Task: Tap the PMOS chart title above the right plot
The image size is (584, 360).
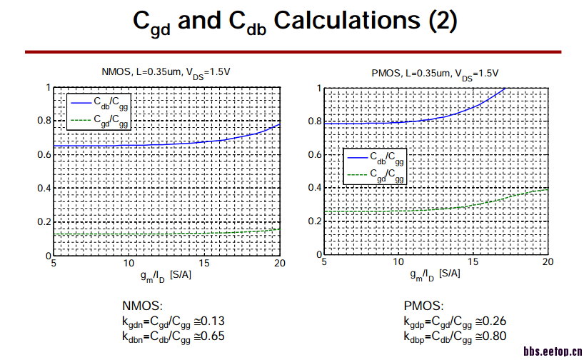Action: [x=435, y=73]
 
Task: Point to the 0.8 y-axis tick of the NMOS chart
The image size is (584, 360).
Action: [x=44, y=121]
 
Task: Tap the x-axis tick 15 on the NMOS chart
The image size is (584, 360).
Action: [x=204, y=263]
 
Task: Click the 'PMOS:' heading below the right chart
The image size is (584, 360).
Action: [x=423, y=306]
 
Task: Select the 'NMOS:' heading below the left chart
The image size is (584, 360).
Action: [x=143, y=306]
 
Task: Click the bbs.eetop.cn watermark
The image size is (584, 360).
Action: [x=553, y=352]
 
